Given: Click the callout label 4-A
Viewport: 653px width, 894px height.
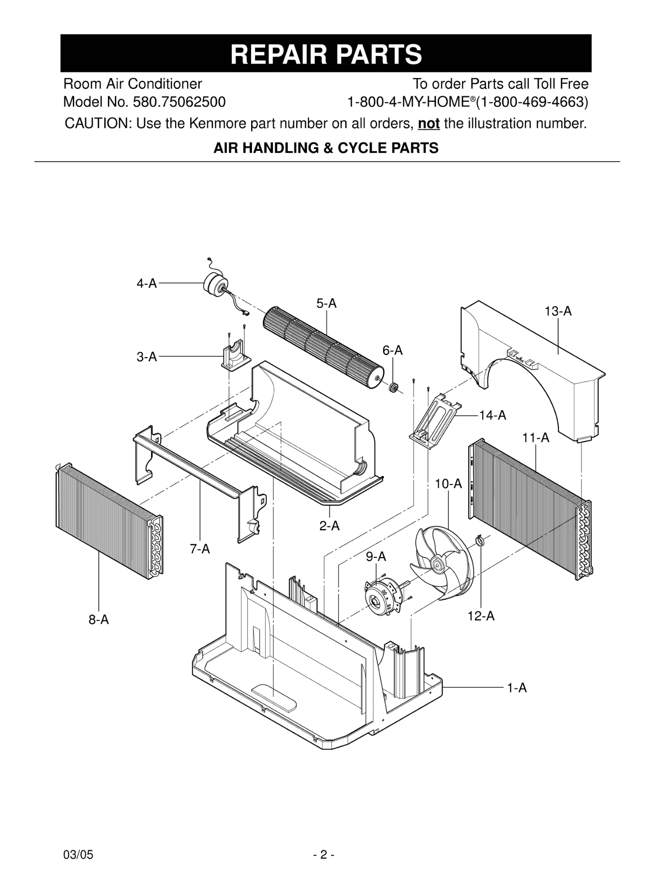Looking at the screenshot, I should click(146, 284).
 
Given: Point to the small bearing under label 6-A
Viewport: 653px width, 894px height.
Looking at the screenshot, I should click(394, 387).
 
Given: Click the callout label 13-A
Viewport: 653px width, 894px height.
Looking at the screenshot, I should click(558, 311).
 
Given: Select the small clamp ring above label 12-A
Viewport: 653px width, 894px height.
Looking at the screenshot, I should click(480, 541).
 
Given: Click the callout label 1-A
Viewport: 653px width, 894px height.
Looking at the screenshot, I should click(517, 688).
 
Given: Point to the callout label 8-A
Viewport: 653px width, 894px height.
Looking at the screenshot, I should click(99, 619).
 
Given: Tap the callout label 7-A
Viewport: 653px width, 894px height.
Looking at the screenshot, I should click(200, 549).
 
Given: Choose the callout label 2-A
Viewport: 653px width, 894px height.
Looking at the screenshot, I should click(329, 526).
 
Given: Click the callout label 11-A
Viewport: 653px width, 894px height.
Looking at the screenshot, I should click(536, 438).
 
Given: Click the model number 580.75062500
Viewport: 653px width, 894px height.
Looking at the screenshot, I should click(179, 102).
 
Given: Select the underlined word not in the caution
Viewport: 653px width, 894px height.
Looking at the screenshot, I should click(428, 124).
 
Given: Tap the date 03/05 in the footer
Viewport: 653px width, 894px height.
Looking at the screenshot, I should click(78, 855).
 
